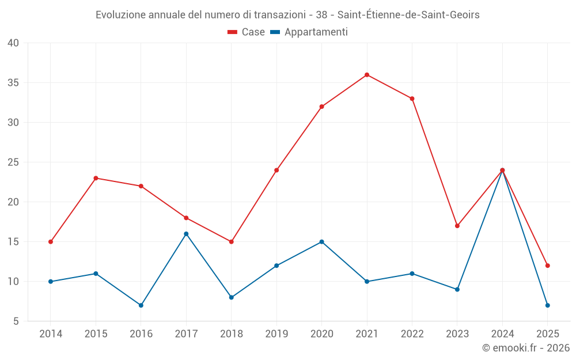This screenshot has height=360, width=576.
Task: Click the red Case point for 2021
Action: point(367,75)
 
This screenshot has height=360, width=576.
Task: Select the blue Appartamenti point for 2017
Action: point(186,234)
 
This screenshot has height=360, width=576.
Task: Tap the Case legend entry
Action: point(247,32)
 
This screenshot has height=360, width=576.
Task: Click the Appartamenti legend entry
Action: point(309,32)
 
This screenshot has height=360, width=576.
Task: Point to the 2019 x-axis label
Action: point(276,334)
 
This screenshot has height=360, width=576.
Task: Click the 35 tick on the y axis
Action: point(13,83)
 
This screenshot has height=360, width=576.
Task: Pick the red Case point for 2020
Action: point(322,107)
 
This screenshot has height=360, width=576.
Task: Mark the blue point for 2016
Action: point(141,305)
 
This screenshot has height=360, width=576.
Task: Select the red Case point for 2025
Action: point(548,266)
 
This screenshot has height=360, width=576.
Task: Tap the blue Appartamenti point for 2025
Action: point(548,305)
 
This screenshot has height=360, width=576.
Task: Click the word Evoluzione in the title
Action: point(120,15)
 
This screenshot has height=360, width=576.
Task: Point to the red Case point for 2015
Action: point(96,178)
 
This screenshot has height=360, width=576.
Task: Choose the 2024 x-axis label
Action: point(502,334)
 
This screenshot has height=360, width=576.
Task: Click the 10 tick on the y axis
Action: point(13,282)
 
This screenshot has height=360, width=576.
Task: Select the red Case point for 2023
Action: point(457,226)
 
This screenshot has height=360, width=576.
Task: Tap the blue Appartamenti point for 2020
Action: point(322,242)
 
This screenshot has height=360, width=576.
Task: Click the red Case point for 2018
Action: point(232,242)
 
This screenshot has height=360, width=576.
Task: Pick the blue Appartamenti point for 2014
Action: point(51,282)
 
